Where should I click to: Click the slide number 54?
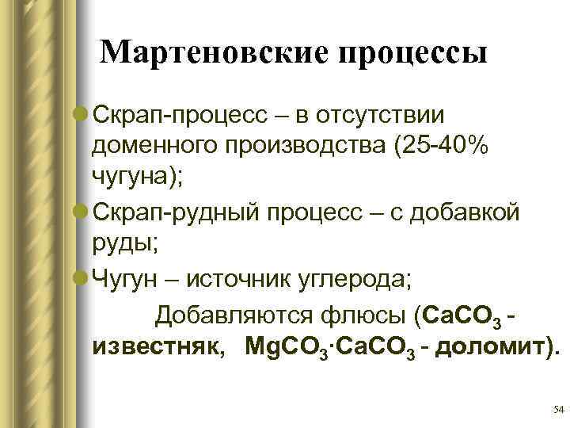point(558,409)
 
